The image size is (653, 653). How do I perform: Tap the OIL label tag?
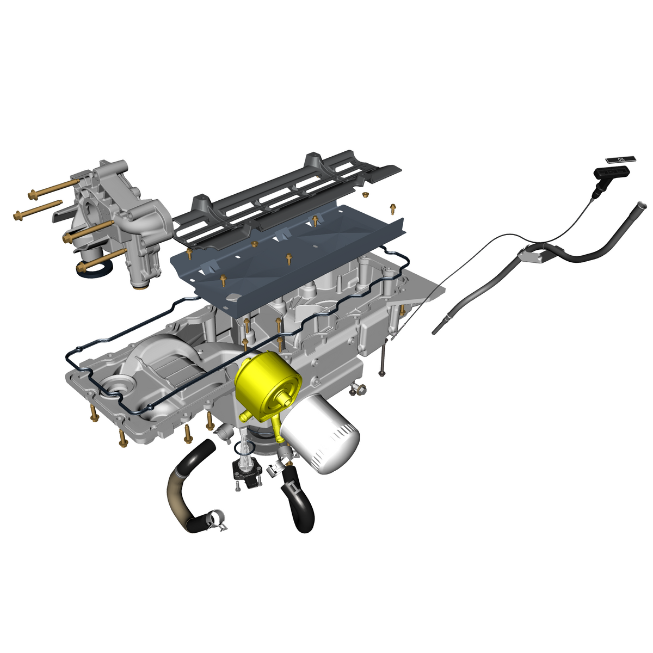click(x=620, y=159)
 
